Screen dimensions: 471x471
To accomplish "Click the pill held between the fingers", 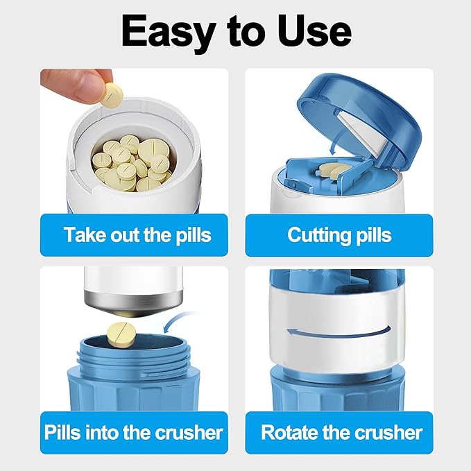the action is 112,95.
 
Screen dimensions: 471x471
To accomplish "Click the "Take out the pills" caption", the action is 137,235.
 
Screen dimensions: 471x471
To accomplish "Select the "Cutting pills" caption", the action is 339,235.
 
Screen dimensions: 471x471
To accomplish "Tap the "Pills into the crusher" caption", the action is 133,433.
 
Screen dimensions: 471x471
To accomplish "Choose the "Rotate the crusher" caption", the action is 341,433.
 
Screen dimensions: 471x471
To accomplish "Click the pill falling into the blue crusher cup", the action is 121,334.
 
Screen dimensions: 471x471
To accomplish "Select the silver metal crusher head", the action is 133,302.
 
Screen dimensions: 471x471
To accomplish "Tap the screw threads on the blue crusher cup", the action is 134,356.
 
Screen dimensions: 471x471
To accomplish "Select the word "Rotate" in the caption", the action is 290,433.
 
